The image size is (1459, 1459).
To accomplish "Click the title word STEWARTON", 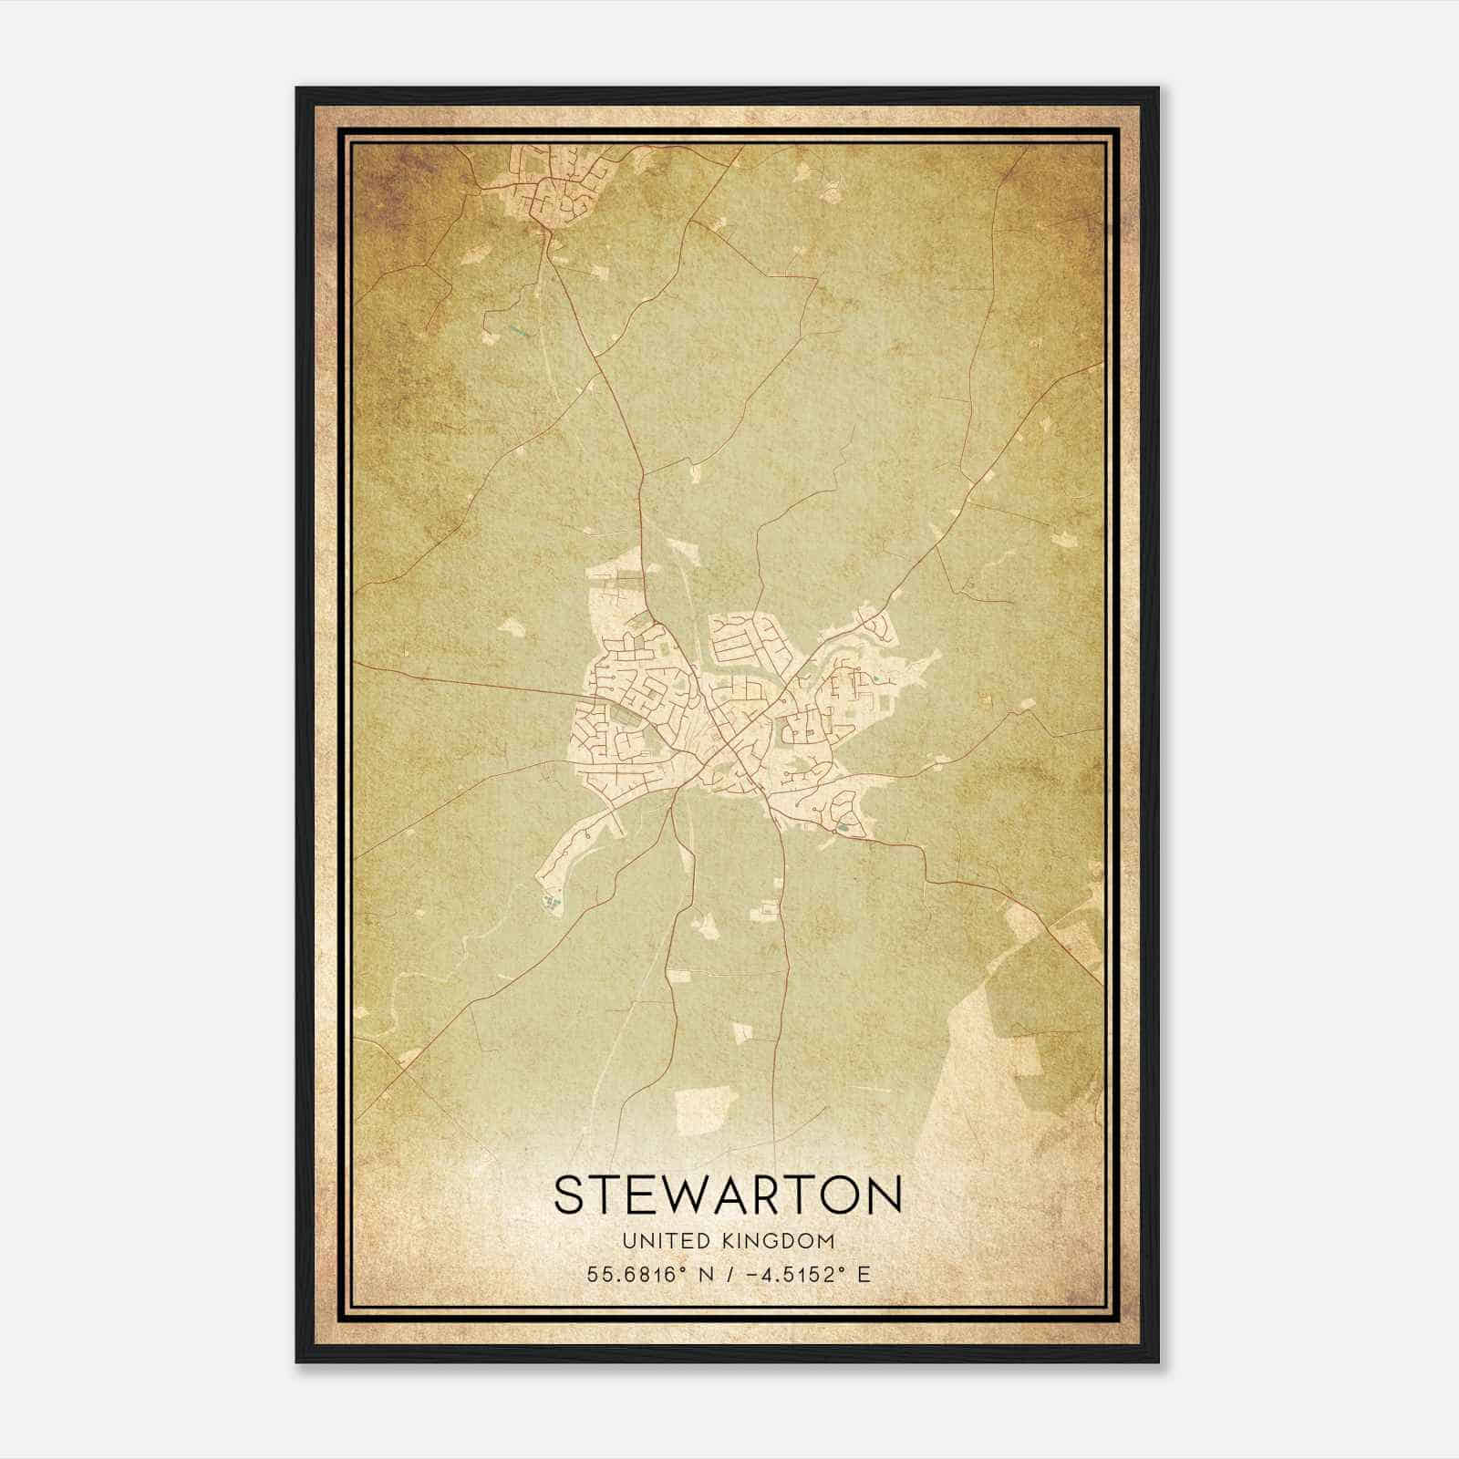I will point(728,1195).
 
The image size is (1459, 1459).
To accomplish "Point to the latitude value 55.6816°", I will point(635,1274).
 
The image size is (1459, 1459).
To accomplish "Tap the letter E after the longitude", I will point(863,1274).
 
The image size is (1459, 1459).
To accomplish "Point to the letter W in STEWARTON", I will point(683,1195).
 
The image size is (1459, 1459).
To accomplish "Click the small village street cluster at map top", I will point(551,187).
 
